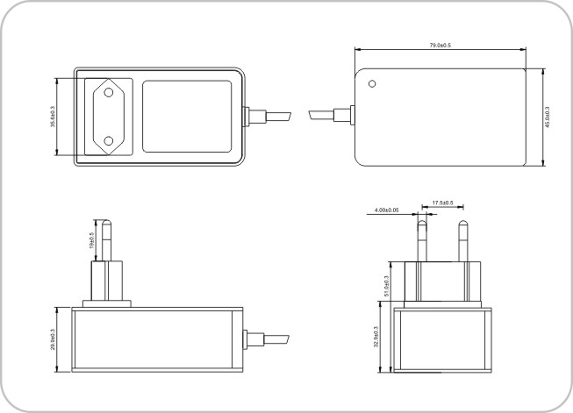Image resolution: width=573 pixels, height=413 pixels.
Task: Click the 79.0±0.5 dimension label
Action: click(440, 46)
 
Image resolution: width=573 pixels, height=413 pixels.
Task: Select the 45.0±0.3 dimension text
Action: click(547, 117)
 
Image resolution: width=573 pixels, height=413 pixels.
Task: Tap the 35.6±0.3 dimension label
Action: click(53, 117)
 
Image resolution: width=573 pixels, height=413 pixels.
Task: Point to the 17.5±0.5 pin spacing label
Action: click(442, 203)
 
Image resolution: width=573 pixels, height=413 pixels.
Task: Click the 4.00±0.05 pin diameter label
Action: click(387, 210)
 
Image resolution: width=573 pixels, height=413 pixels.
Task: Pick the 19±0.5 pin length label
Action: click(92, 240)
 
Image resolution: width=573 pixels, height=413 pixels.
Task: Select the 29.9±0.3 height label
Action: click(53, 339)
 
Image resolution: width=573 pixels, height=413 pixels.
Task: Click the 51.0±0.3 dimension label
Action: click(387, 286)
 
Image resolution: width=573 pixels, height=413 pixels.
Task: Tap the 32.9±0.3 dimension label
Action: click(376, 337)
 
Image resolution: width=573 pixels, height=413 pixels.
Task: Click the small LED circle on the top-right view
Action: click(372, 84)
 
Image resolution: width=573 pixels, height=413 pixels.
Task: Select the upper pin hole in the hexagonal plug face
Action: click(108, 92)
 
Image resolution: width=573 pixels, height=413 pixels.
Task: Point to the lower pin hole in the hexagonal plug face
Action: click(108, 141)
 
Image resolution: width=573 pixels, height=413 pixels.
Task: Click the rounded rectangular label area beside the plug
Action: click(187, 117)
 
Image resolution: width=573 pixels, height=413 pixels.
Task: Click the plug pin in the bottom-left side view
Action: click(107, 240)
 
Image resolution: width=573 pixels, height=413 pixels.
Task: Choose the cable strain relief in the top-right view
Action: click(344, 116)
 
